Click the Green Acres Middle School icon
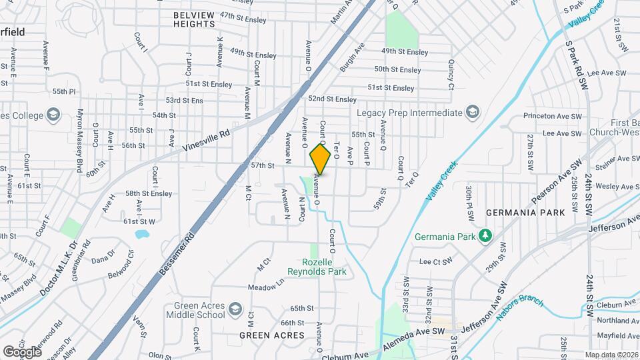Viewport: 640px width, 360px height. click(235, 309)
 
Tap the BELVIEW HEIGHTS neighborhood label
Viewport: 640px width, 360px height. click(194, 19)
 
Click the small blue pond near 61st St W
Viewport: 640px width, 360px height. click(141, 235)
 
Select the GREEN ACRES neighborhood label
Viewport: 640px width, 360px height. click(271, 335)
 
